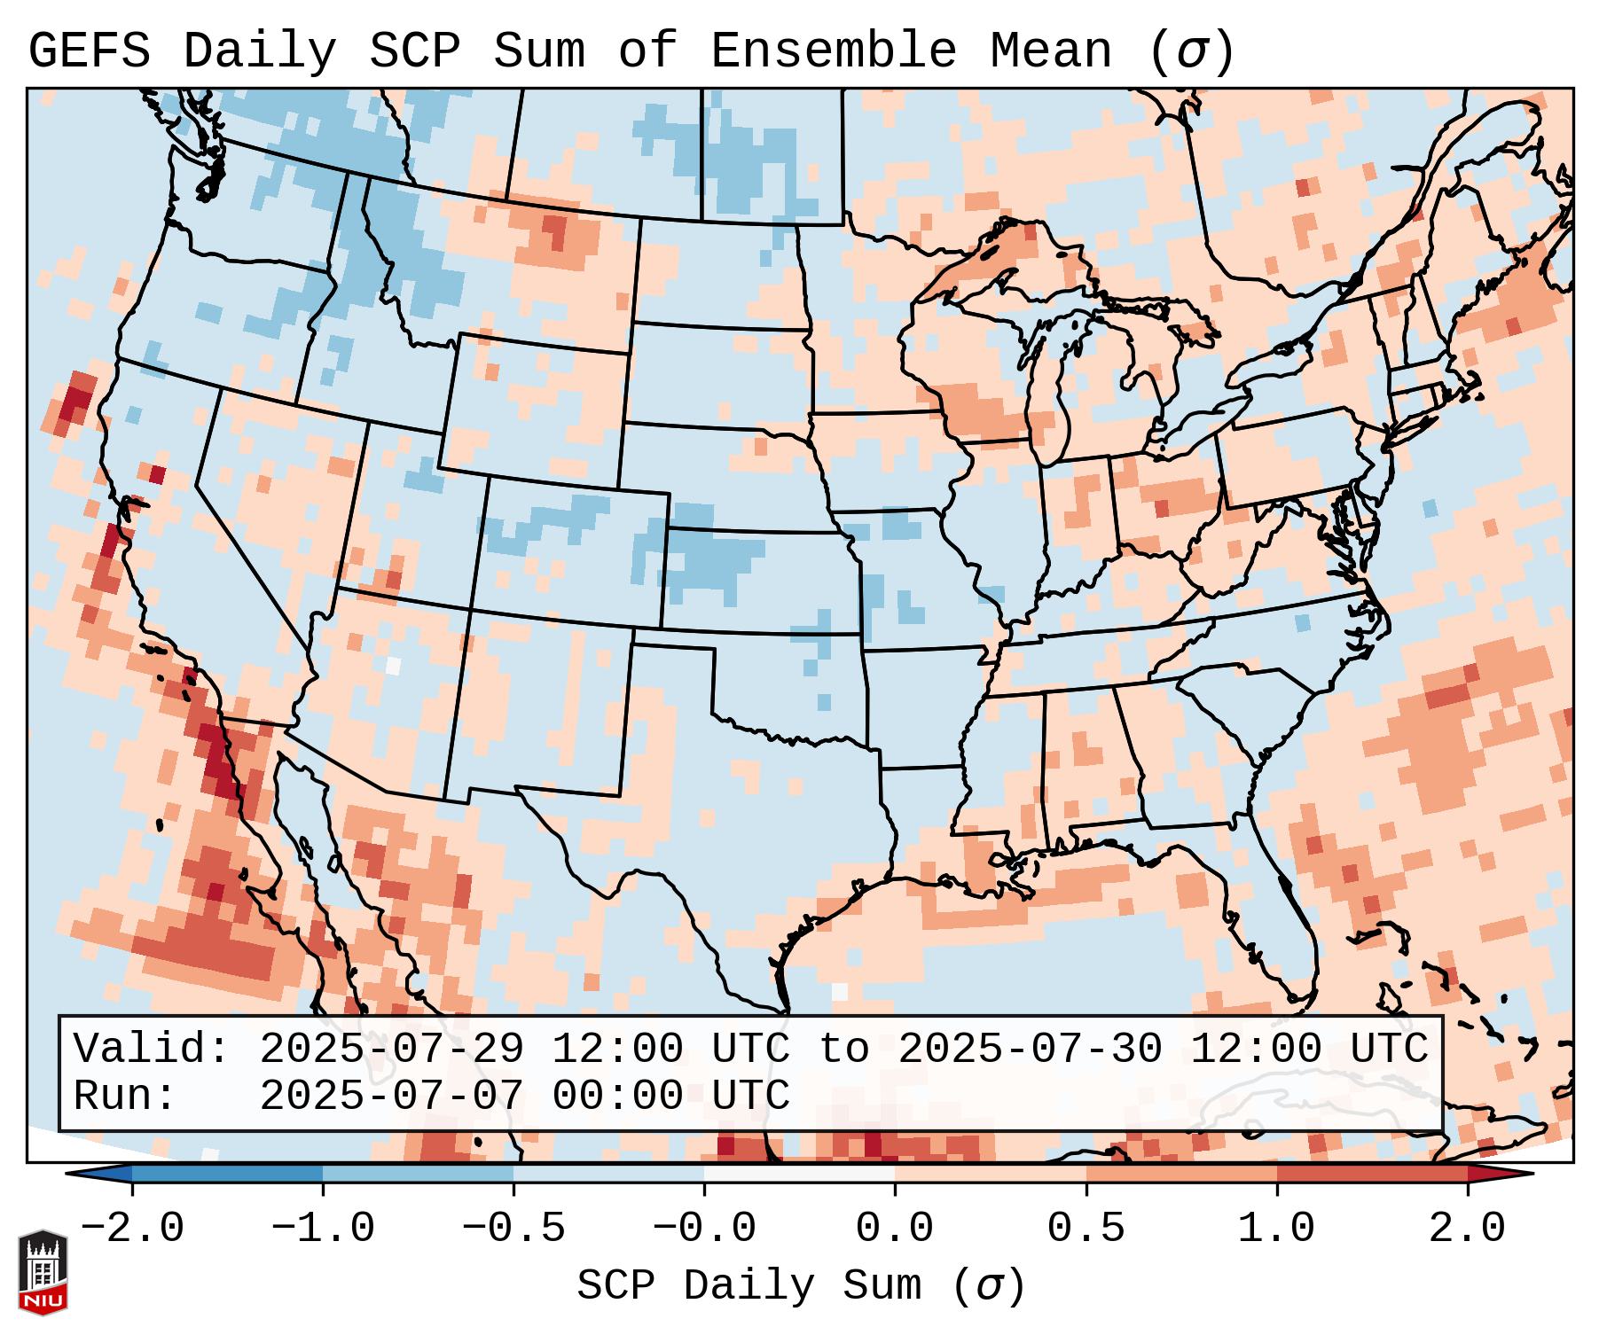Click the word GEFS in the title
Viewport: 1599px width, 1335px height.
(x=90, y=51)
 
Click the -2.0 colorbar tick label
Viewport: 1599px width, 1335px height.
(x=132, y=1229)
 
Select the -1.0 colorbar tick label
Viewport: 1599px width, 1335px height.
(x=323, y=1229)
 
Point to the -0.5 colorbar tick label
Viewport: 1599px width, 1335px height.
(x=513, y=1229)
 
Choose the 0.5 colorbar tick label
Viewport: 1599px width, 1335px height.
(x=1086, y=1229)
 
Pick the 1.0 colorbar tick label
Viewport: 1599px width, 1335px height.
(x=1276, y=1229)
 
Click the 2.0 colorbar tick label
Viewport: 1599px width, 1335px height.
(x=1467, y=1229)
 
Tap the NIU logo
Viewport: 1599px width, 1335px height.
(x=43, y=1271)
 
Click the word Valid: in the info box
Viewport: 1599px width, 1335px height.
(x=152, y=1050)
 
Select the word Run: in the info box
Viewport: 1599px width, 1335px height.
(x=124, y=1096)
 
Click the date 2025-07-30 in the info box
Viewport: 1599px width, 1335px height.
(x=1030, y=1050)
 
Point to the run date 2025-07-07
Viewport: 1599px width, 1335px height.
(x=391, y=1096)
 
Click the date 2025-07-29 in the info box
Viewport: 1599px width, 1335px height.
(x=391, y=1050)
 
